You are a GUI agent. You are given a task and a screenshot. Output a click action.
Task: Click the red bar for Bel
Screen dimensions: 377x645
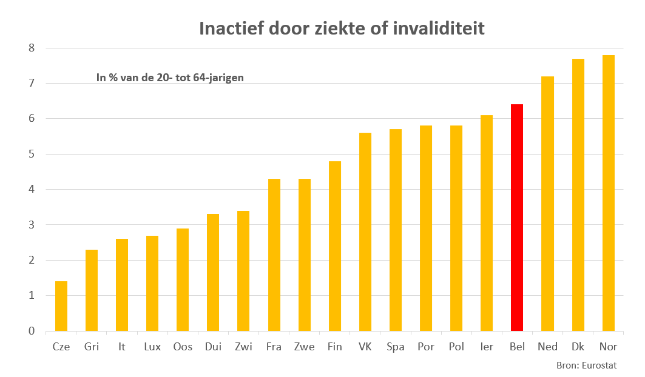pyautogui.click(x=517, y=218)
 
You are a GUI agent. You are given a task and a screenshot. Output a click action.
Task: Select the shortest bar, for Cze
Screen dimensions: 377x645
pyautogui.click(x=61, y=306)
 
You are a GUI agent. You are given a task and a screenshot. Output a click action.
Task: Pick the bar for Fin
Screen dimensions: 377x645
pyautogui.click(x=334, y=246)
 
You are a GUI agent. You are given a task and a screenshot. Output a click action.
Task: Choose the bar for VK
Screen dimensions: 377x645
pyautogui.click(x=365, y=232)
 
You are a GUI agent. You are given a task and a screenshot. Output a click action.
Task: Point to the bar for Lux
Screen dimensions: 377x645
pyautogui.click(x=152, y=283)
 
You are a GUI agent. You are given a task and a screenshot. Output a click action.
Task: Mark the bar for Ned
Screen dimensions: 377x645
pyautogui.click(x=547, y=204)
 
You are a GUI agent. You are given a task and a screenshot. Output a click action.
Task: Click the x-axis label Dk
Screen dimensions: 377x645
pyautogui.click(x=578, y=347)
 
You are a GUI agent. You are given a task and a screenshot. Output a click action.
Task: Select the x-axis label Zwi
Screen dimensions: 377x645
pyautogui.click(x=243, y=347)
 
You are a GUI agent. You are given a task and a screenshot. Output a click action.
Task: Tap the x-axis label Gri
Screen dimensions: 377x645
pyautogui.click(x=92, y=347)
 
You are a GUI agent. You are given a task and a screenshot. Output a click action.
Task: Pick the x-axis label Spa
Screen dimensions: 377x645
pyautogui.click(x=395, y=347)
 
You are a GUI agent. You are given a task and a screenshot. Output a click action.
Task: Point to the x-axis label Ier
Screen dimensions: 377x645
pyautogui.click(x=486, y=347)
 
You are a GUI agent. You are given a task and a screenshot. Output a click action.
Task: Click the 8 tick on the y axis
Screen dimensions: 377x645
pyautogui.click(x=32, y=48)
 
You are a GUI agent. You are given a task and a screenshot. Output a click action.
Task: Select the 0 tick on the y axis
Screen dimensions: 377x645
pyautogui.click(x=32, y=331)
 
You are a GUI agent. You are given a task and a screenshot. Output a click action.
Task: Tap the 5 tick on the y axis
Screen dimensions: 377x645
pyautogui.click(x=32, y=154)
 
